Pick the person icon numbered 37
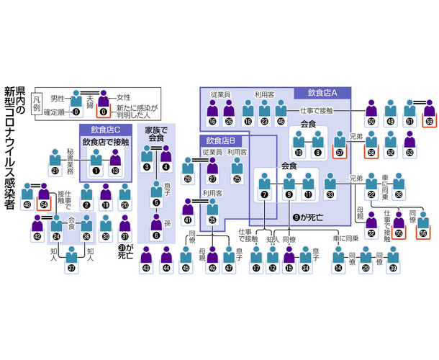point(72,260)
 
